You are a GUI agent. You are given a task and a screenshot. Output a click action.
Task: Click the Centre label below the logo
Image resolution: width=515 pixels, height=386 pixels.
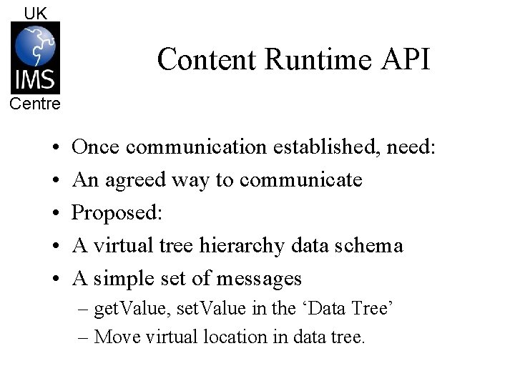(x=35, y=104)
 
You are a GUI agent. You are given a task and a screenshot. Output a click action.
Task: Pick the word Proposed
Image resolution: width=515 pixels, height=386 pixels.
(x=117, y=212)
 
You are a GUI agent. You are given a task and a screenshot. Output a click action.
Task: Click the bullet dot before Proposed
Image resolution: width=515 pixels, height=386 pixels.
(x=55, y=213)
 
